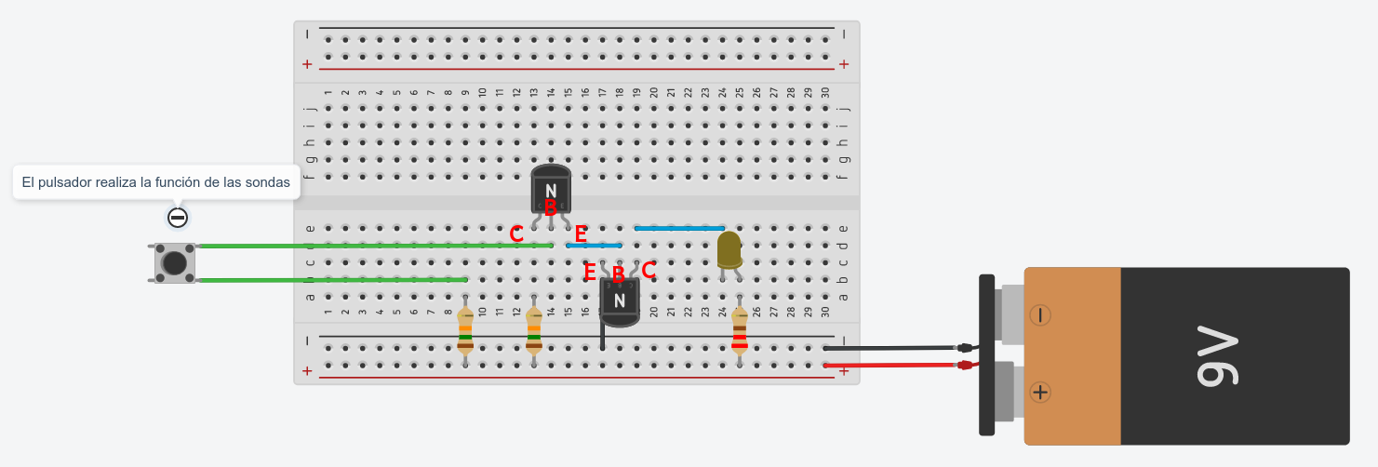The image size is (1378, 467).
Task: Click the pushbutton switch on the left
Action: click(174, 262)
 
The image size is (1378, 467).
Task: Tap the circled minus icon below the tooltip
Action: click(178, 218)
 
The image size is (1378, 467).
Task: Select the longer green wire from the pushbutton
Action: click(372, 246)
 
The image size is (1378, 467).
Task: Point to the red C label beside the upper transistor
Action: click(516, 234)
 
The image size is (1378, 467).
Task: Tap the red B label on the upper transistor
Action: click(550, 208)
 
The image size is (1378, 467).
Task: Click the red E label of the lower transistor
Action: click(589, 273)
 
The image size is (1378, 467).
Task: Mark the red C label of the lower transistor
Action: click(649, 271)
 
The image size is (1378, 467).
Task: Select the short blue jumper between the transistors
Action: click(594, 246)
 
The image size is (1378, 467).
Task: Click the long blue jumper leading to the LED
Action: click(679, 228)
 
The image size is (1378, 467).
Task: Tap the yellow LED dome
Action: click(729, 248)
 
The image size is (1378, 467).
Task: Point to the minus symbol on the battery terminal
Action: click(1040, 315)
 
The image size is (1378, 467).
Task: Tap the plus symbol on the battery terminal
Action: click(1040, 393)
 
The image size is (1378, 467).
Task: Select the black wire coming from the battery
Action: click(893, 348)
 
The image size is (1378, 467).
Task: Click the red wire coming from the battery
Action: click(893, 366)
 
